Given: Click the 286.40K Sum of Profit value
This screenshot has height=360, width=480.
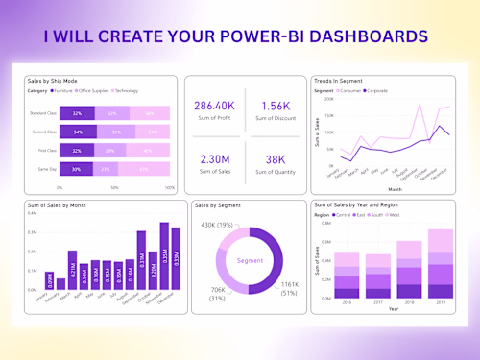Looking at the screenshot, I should (214, 105).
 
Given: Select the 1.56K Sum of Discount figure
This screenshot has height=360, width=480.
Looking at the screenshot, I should (275, 105).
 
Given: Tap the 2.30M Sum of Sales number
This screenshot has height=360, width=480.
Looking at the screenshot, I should (214, 158).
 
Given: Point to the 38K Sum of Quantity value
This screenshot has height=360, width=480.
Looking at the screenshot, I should (275, 158).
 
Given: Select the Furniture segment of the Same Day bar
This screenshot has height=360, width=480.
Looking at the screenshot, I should (77, 169).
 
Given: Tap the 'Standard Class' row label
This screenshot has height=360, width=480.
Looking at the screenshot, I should (45, 113).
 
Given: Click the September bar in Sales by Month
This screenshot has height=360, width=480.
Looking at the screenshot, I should (141, 260).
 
